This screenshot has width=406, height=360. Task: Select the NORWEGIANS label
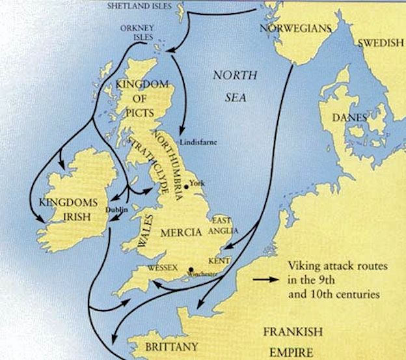[x=295, y=29]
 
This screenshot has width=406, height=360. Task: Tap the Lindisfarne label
[x=201, y=141]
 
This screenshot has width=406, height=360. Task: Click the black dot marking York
[x=186, y=186]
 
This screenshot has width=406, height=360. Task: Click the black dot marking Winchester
[x=191, y=270]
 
